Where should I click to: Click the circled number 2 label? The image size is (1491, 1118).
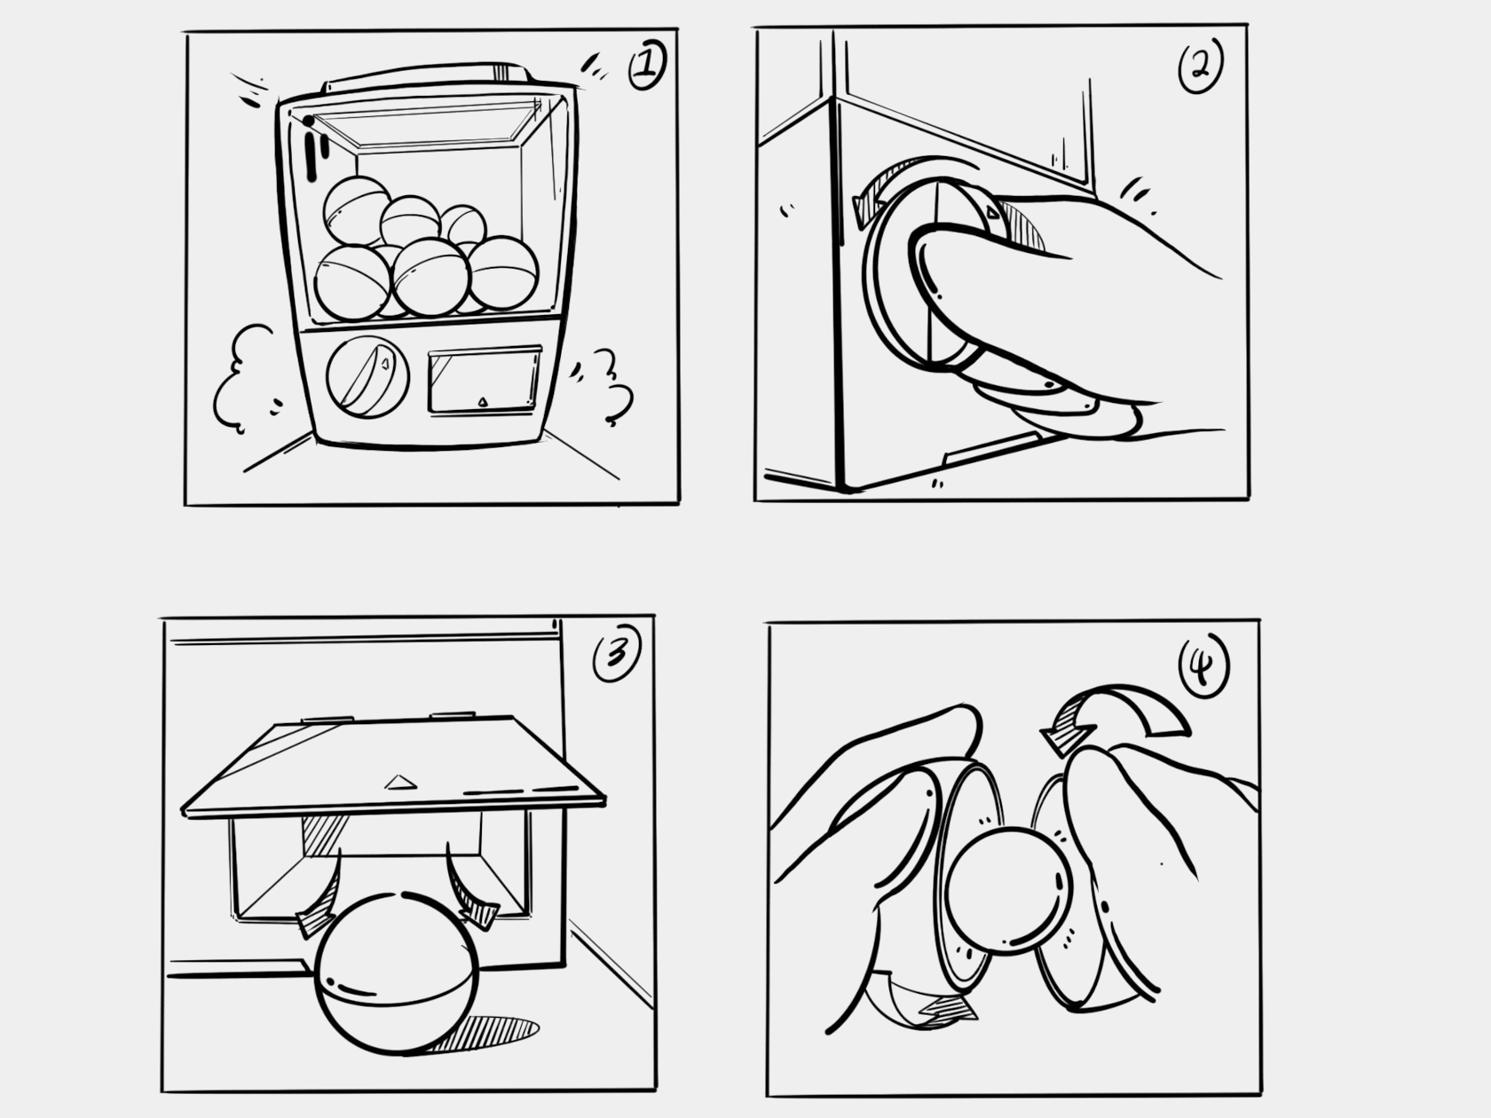(x=1200, y=65)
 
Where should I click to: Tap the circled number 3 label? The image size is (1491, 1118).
(x=617, y=653)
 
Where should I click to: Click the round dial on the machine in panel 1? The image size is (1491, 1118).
(x=367, y=377)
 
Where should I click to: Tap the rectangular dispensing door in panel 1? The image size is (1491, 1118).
(x=485, y=380)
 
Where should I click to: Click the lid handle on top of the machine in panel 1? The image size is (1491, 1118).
(x=427, y=76)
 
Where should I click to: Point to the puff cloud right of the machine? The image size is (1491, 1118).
(x=609, y=387)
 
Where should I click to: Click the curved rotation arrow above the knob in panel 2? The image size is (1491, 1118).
(x=896, y=177)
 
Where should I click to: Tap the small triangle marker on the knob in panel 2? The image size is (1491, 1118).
(x=992, y=213)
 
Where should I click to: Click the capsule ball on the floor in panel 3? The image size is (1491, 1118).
(x=397, y=973)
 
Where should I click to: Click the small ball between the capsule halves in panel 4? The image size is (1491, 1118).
(x=1009, y=891)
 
